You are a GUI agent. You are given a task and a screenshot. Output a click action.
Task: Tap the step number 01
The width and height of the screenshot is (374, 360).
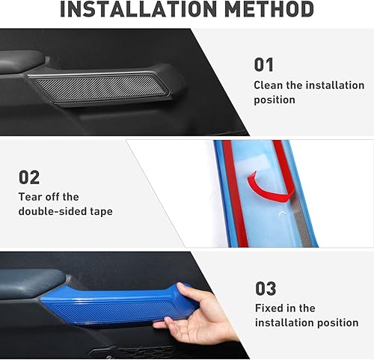click(264, 64)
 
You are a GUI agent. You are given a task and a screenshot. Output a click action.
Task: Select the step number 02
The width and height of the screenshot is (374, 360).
click(28, 177)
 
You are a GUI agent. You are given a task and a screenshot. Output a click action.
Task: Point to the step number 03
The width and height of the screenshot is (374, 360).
click(266, 288)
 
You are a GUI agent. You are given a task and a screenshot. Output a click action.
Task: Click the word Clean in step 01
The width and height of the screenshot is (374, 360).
click(269, 85)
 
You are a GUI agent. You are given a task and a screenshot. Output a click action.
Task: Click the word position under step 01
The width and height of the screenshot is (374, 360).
click(275, 100)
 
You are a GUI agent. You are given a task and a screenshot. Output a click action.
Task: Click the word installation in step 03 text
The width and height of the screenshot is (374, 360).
click(284, 323)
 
